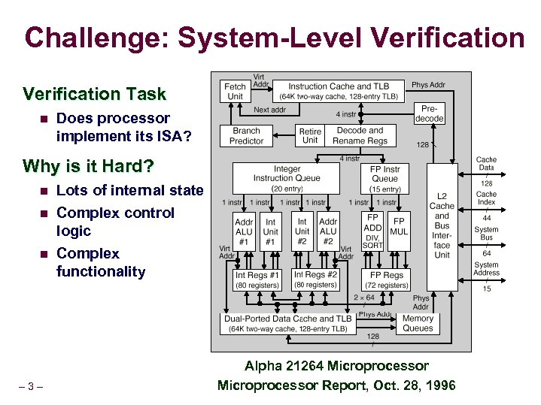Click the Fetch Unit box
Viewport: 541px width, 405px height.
(x=235, y=92)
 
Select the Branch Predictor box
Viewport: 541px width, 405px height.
(x=246, y=136)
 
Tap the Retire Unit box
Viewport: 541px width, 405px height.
(x=309, y=136)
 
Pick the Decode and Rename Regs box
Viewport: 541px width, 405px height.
(x=360, y=136)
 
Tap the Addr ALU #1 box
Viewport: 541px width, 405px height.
(x=244, y=232)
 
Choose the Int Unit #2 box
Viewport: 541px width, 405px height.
(x=302, y=232)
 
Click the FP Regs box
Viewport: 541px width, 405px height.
(x=387, y=280)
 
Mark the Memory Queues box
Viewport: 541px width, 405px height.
(x=418, y=323)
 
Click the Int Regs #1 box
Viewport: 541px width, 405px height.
(x=257, y=280)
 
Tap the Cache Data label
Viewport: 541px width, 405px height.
(x=486, y=164)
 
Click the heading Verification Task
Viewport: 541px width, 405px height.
(x=94, y=94)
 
